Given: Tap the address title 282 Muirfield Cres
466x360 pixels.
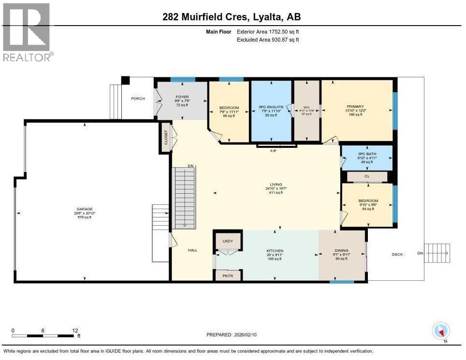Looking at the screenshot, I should pyautogui.click(x=233, y=17).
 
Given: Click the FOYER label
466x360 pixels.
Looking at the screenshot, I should pyautogui.click(x=182, y=97).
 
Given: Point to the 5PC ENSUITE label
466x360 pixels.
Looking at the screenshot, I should pyautogui.click(x=270, y=107).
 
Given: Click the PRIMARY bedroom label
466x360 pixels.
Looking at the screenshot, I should pyautogui.click(x=355, y=106).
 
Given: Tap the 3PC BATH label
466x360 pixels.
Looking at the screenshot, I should pyautogui.click(x=367, y=154).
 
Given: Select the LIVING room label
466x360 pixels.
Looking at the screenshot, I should pyautogui.click(x=276, y=184).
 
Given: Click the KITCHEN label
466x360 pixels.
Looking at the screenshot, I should pyautogui.click(x=275, y=251).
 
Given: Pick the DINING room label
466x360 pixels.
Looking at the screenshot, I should pyautogui.click(x=341, y=251).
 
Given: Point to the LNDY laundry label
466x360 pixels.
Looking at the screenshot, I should pyautogui.click(x=228, y=241).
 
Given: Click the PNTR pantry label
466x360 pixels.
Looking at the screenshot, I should pyautogui.click(x=227, y=276).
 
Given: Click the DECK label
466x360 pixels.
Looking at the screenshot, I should pyautogui.click(x=397, y=254).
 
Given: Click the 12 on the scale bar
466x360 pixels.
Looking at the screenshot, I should pyautogui.click(x=75, y=331).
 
